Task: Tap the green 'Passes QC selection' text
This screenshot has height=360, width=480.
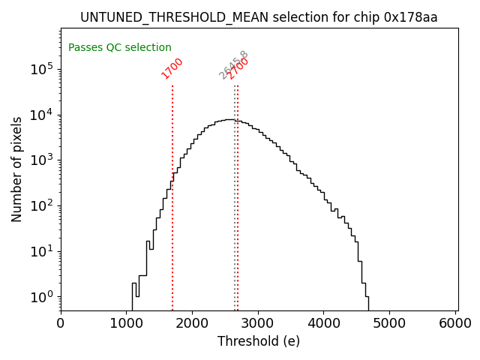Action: click(x=120, y=47)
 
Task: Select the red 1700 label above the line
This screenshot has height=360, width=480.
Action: click(x=172, y=68)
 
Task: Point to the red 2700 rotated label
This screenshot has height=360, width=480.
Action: click(x=238, y=68)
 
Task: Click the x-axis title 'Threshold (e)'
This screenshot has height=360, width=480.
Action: click(x=259, y=341)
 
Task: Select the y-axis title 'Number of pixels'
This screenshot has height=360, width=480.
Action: click(x=17, y=169)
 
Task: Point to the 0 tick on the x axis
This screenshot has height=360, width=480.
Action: click(x=61, y=322)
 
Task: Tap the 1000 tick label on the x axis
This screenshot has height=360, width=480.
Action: click(x=127, y=322)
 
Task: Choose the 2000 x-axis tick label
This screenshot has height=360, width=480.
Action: click(x=193, y=322)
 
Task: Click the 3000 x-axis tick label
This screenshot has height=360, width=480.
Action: click(x=259, y=322)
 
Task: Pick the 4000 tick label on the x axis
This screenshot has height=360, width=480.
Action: click(x=324, y=322)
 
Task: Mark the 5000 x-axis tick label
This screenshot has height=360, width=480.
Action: click(x=390, y=322)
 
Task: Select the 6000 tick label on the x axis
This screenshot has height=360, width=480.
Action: click(x=455, y=322)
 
